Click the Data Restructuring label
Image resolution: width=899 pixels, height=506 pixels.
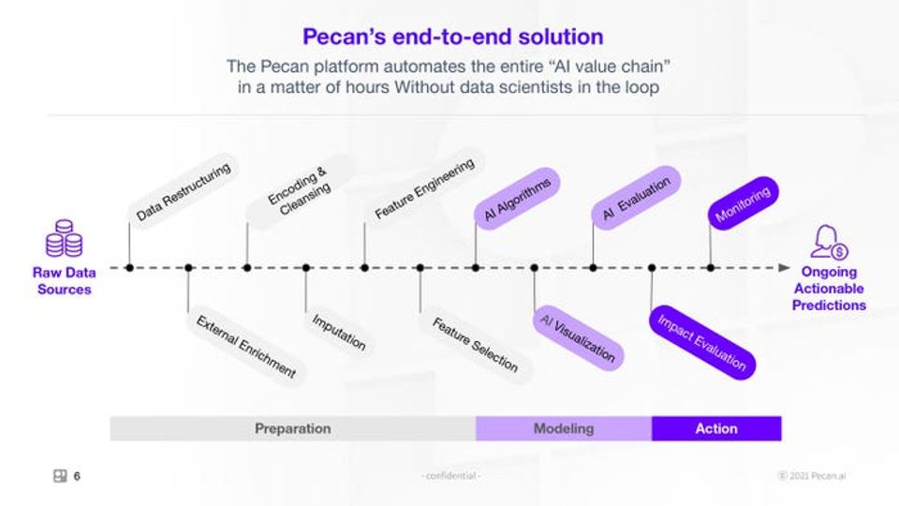(184, 191)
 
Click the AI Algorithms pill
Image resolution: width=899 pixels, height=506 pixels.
(517, 199)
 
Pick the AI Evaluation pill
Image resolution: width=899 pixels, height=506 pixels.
(636, 198)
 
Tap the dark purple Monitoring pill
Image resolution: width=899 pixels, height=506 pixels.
(743, 203)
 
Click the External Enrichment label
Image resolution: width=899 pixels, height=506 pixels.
(246, 347)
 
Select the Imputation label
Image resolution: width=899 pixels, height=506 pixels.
(338, 332)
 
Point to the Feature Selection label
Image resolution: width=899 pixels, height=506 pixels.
(476, 345)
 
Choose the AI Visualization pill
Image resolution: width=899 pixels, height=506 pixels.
(578, 338)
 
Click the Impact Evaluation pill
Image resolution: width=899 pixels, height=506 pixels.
(702, 343)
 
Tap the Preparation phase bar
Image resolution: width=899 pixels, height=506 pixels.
(293, 428)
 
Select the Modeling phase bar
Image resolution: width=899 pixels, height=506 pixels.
(564, 428)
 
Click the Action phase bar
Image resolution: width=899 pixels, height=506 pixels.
(716, 428)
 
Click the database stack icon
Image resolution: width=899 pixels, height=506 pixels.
(65, 238)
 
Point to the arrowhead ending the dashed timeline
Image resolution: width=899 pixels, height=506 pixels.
(785, 268)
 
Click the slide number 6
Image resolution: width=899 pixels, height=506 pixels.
(77, 476)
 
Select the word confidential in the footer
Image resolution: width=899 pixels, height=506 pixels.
(450, 476)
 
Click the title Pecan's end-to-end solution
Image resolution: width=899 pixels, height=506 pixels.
(453, 37)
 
